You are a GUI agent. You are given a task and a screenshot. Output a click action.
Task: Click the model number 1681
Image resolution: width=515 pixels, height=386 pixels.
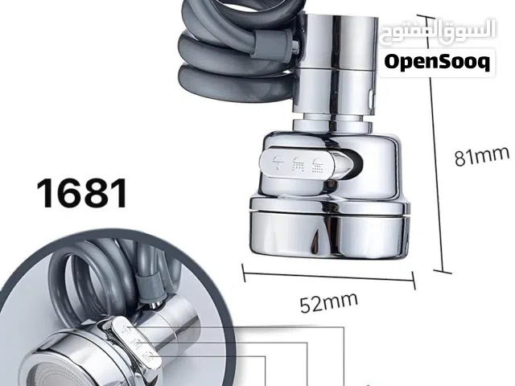pyautogui.click(x=82, y=193)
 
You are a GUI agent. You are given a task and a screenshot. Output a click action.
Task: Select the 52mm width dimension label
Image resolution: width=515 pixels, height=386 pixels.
pyautogui.click(x=329, y=302)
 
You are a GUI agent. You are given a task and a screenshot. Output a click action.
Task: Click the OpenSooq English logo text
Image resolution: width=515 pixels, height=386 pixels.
pyautogui.click(x=437, y=62)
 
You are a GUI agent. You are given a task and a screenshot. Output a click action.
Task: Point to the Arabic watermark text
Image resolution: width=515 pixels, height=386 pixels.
pyautogui.click(x=438, y=31)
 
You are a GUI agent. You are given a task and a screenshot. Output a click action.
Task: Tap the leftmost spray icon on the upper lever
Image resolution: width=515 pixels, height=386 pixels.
pyautogui.click(x=278, y=162)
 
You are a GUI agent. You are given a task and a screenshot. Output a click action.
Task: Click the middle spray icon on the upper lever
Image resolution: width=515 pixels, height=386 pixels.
pyautogui.click(x=299, y=164)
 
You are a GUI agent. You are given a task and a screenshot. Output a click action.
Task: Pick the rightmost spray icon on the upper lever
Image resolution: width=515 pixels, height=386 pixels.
pyautogui.click(x=317, y=165)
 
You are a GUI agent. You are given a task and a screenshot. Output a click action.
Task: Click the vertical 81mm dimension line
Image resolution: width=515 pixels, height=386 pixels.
pyautogui.click(x=435, y=144)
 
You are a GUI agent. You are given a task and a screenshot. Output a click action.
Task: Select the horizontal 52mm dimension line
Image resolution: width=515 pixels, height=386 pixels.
pyautogui.click(x=328, y=277)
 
